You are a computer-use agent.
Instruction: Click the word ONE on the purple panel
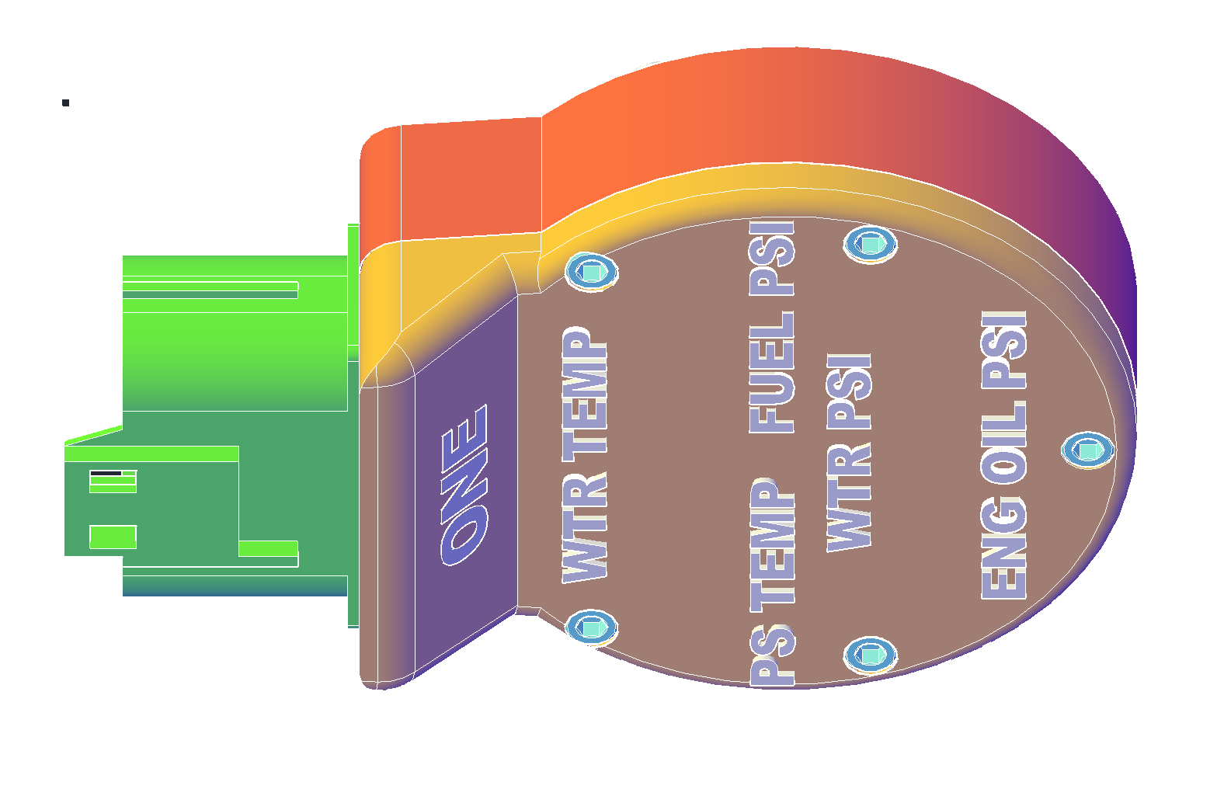pyautogui.click(x=464, y=485)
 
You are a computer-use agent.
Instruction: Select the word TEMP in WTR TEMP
pyautogui.click(x=584, y=391)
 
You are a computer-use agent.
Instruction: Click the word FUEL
pyautogui.click(x=772, y=373)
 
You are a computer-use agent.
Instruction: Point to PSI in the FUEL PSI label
pyautogui.click(x=772, y=258)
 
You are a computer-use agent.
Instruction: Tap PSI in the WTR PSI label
pyautogui.click(x=850, y=391)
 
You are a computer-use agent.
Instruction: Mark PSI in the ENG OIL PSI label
pyautogui.click(x=1004, y=349)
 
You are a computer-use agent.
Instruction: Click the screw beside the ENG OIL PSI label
pyautogui.click(x=1087, y=450)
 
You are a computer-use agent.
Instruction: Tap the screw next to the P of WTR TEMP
pyautogui.click(x=592, y=271)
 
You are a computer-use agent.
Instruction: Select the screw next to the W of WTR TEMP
pyautogui.click(x=592, y=627)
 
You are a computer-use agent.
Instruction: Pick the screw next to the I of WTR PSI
pyautogui.click(x=871, y=245)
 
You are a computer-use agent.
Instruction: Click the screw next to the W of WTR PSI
pyautogui.click(x=871, y=655)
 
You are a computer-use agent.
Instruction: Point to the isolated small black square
pyautogui.click(x=66, y=103)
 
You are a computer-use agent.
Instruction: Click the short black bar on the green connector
pyautogui.click(x=106, y=473)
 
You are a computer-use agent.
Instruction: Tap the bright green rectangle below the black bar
pyautogui.click(x=113, y=537)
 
